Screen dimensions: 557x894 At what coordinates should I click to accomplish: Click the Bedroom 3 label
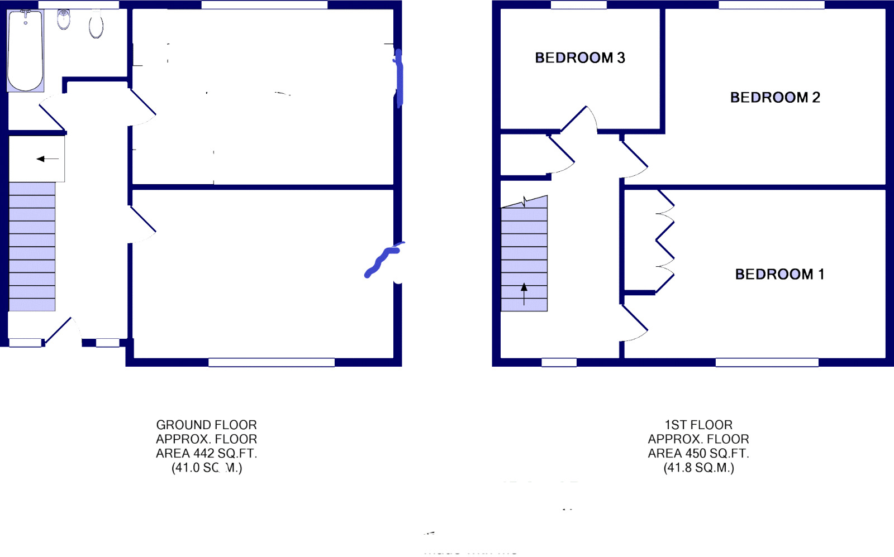pyautogui.click(x=579, y=57)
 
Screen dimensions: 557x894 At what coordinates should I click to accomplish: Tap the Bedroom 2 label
pyautogui.click(x=774, y=98)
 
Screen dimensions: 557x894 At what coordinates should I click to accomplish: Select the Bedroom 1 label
pyautogui.click(x=779, y=274)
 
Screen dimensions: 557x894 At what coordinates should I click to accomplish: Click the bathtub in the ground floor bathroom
pyautogui.click(x=25, y=50)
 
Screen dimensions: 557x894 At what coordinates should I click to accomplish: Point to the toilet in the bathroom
pyautogui.click(x=96, y=26)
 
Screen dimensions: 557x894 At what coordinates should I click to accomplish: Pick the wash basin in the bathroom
pyautogui.click(x=64, y=20)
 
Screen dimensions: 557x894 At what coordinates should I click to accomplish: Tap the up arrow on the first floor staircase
pyautogui.click(x=524, y=294)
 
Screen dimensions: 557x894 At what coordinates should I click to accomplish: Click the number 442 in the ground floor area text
pyautogui.click(x=203, y=454)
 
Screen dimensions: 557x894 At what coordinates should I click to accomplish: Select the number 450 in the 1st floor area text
pyautogui.click(x=696, y=454)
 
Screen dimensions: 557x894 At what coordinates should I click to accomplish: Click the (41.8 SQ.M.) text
pyautogui.click(x=698, y=468)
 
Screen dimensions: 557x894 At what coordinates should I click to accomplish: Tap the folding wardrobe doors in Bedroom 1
pyautogui.click(x=665, y=241)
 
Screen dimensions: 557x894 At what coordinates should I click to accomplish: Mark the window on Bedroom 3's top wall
pyautogui.click(x=578, y=5)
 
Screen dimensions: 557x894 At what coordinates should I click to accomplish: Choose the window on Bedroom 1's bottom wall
pyautogui.click(x=767, y=362)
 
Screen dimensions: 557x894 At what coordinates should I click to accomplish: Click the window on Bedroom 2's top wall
pyautogui.click(x=771, y=5)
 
